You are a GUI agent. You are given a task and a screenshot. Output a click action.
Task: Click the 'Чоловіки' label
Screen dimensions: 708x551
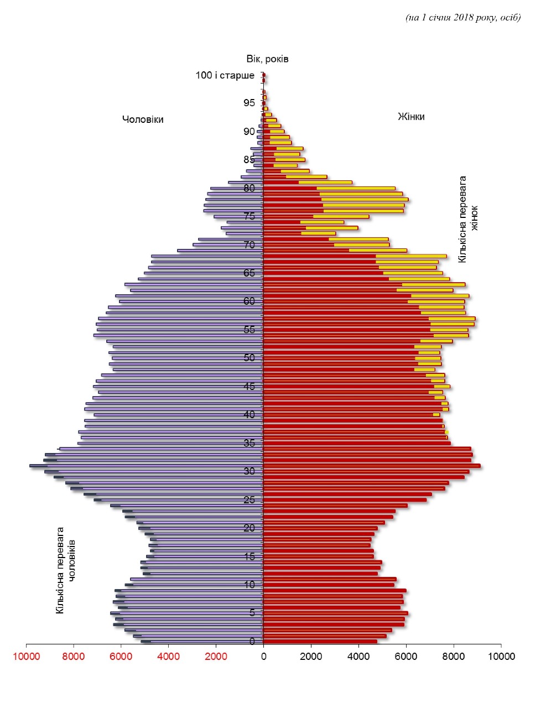pyautogui.click(x=143, y=119)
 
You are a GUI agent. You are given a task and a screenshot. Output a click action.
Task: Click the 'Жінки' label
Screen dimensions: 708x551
pyautogui.click(x=411, y=117)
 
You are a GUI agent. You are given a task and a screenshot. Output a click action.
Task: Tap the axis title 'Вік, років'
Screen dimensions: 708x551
pyautogui.click(x=267, y=59)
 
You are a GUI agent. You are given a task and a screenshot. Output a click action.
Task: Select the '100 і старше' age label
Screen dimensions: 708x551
pyautogui.click(x=225, y=75)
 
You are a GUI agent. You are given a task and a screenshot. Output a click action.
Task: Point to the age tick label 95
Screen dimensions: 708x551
pyautogui.click(x=249, y=103)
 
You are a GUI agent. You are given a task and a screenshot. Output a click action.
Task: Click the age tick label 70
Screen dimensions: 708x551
pyautogui.click(x=249, y=244)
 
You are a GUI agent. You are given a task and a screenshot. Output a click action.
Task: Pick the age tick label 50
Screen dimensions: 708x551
pyautogui.click(x=249, y=358)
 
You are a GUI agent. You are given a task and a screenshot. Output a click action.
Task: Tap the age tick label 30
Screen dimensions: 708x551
pyautogui.click(x=249, y=471)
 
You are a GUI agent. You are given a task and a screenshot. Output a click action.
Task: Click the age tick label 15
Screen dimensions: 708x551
pyautogui.click(x=249, y=556)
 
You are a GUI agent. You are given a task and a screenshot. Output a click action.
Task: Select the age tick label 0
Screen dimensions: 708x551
pyautogui.click(x=252, y=642)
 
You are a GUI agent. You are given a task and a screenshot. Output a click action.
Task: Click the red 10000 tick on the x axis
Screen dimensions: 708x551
pyautogui.click(x=26, y=657)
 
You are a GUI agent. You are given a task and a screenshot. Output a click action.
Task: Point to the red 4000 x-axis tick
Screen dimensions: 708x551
pyautogui.click(x=169, y=657)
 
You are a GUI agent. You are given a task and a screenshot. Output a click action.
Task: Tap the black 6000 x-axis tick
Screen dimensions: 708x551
pyautogui.click(x=406, y=657)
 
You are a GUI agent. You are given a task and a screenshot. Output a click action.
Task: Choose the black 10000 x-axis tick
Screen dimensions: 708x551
pyautogui.click(x=501, y=657)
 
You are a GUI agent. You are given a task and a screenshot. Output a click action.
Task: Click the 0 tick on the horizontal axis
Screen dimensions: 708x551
pyautogui.click(x=263, y=657)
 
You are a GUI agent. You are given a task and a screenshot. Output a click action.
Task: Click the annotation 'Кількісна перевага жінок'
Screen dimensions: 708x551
pyautogui.click(x=468, y=219)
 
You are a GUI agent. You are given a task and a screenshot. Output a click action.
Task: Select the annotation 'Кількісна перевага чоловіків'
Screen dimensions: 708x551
pyautogui.click(x=65, y=570)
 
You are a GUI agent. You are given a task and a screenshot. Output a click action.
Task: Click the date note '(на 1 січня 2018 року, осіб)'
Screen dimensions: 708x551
pyautogui.click(x=463, y=18)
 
